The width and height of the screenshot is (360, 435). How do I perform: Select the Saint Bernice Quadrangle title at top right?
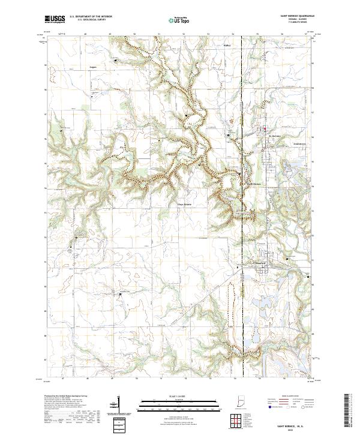(x=295, y=16)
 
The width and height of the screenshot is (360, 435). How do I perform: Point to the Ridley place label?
(x=227, y=45)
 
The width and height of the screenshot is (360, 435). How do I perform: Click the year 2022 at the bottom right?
(x=295, y=428)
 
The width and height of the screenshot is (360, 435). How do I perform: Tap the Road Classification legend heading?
(x=292, y=397)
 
